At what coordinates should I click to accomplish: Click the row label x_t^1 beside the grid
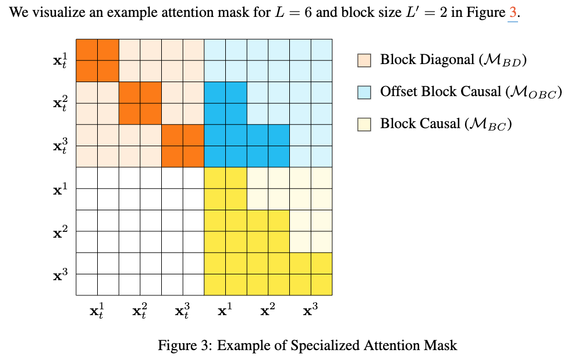(x=60, y=61)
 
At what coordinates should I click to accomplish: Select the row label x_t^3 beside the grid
(x=60, y=146)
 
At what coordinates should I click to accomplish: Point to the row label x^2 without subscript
(x=60, y=232)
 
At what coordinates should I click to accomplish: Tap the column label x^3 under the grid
(x=310, y=310)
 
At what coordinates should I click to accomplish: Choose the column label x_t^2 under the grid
(x=140, y=311)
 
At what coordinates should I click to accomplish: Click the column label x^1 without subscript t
(x=225, y=310)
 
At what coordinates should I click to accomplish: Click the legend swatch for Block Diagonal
(x=364, y=61)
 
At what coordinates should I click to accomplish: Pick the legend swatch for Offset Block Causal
(x=364, y=92)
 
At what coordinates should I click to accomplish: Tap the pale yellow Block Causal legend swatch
(x=364, y=124)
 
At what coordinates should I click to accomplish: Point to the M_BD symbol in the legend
(x=502, y=60)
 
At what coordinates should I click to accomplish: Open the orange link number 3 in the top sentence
(x=513, y=13)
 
